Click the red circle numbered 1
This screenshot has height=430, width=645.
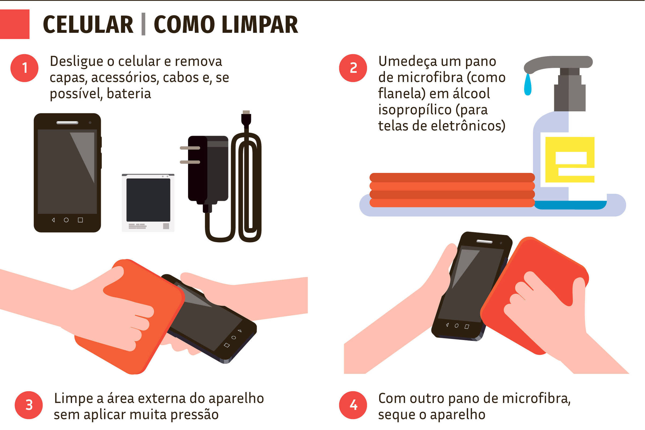click(24, 68)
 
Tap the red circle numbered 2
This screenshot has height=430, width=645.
click(353, 68)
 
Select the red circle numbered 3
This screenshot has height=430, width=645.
click(29, 405)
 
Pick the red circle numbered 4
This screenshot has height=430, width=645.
click(353, 405)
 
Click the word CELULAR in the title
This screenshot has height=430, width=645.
click(88, 25)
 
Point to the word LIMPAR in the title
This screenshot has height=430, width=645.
click(260, 25)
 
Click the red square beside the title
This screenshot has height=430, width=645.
click(15, 24)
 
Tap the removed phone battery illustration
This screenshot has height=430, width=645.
click(148, 203)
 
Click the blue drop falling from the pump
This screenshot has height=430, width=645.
click(528, 85)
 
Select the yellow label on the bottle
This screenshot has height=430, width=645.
click(569, 159)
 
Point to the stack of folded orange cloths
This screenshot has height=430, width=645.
click(452, 190)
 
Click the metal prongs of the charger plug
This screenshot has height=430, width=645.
click(190, 155)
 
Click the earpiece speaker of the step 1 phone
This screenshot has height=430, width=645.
click(67, 123)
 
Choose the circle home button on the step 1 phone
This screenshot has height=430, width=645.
click(66, 220)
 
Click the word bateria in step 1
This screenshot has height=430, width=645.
click(129, 94)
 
